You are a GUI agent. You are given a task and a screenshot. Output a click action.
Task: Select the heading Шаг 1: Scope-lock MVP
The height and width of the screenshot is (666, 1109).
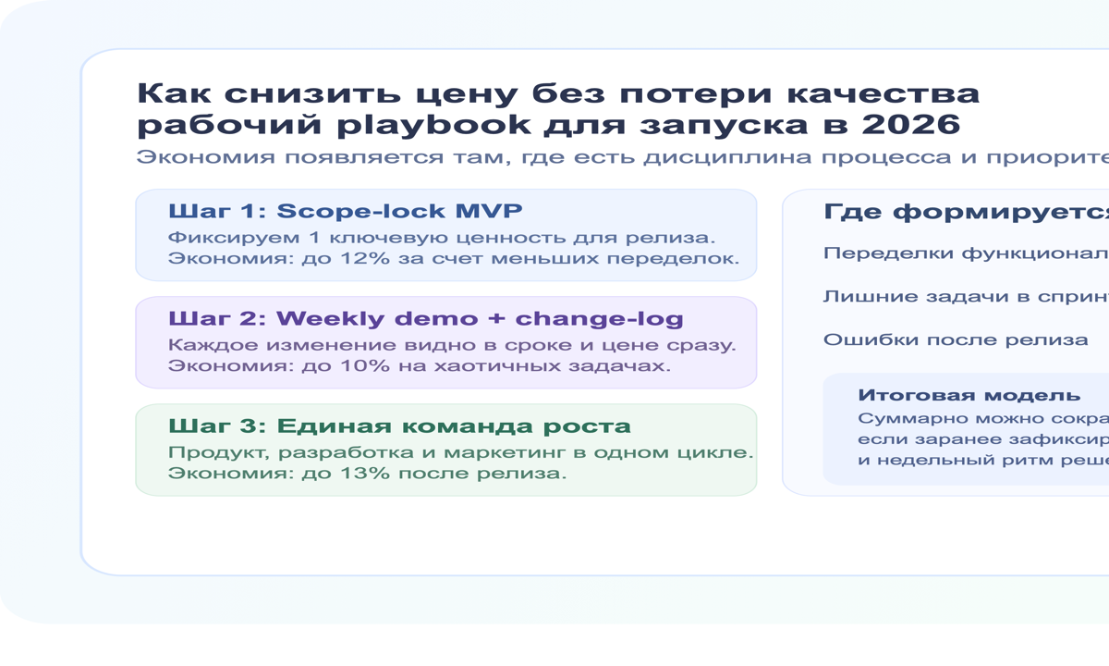click(x=338, y=211)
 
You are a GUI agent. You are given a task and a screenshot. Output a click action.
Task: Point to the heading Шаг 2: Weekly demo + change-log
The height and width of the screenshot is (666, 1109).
click(x=425, y=319)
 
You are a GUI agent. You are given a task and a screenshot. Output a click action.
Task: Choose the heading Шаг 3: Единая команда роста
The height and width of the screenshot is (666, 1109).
click(x=399, y=426)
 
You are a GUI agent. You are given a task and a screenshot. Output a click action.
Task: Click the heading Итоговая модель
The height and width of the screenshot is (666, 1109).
click(x=969, y=395)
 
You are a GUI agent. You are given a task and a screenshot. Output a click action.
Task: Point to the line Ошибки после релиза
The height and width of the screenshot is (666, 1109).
click(x=956, y=339)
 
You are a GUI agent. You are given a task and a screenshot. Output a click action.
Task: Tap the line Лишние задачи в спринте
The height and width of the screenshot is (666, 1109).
click(x=965, y=297)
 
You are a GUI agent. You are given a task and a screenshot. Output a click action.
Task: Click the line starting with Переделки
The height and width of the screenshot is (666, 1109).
click(x=965, y=253)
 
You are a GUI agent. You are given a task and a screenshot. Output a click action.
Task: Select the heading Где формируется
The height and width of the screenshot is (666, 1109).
click(x=965, y=213)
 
